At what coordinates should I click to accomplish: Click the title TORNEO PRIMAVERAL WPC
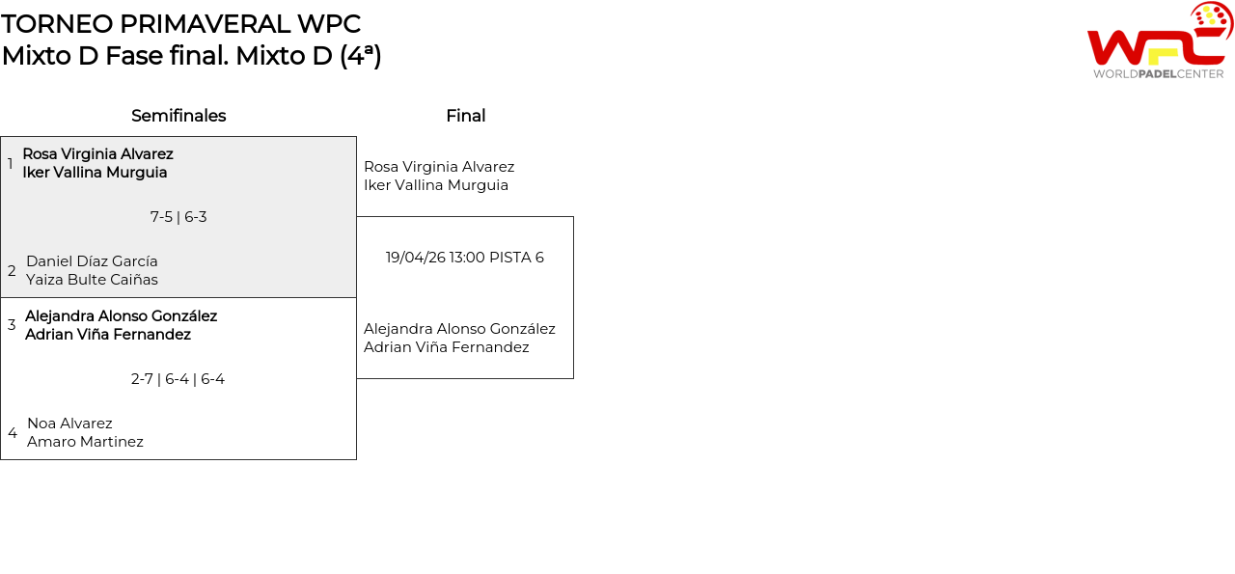pyautogui.click(x=181, y=24)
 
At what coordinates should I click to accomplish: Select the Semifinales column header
pyautogui.click(x=178, y=116)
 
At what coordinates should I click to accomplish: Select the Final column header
pyautogui.click(x=465, y=116)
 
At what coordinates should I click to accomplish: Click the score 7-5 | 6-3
pyautogui.click(x=178, y=217)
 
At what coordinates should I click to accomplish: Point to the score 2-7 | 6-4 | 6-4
pyautogui.click(x=178, y=379)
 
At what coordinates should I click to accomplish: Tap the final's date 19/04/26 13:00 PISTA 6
pyautogui.click(x=465, y=258)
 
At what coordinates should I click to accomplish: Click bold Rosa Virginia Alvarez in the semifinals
pyautogui.click(x=97, y=154)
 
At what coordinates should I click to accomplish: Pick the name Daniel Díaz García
pyautogui.click(x=92, y=261)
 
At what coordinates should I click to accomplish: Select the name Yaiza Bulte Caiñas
pyautogui.click(x=92, y=280)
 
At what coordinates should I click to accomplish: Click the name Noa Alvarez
pyautogui.click(x=69, y=424)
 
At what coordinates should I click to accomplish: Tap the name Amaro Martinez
pyautogui.click(x=85, y=442)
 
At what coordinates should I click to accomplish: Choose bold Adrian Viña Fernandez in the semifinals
pyautogui.click(x=108, y=335)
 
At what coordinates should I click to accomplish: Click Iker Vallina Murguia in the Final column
pyautogui.click(x=436, y=185)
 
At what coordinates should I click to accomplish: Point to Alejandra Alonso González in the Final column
pyautogui.click(x=459, y=329)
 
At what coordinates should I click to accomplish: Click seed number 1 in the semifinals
pyautogui.click(x=11, y=164)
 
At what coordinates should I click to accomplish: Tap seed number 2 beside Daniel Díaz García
pyautogui.click(x=12, y=271)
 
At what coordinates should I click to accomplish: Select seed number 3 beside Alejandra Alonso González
pyautogui.click(x=12, y=325)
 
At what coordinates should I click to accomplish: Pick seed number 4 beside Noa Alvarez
pyautogui.click(x=13, y=433)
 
